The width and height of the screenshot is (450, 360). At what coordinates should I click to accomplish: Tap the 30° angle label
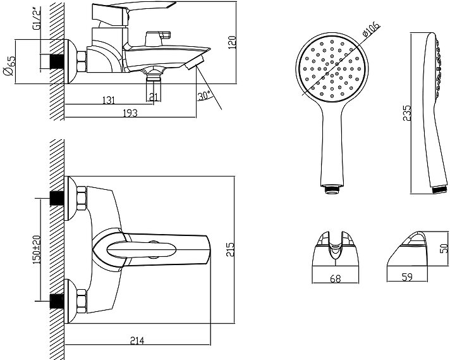point(204,96)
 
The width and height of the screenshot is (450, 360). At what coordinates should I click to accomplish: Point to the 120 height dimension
point(232,42)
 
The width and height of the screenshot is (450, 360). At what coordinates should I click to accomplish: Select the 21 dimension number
point(153,96)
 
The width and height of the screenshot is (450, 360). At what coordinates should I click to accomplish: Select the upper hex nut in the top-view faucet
point(80,198)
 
